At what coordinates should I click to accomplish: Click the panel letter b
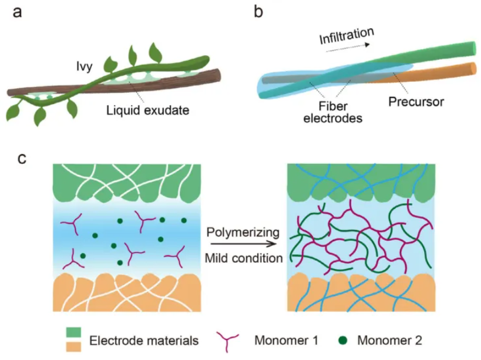259,12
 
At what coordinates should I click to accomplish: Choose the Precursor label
416,102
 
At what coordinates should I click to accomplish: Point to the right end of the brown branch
219,75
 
